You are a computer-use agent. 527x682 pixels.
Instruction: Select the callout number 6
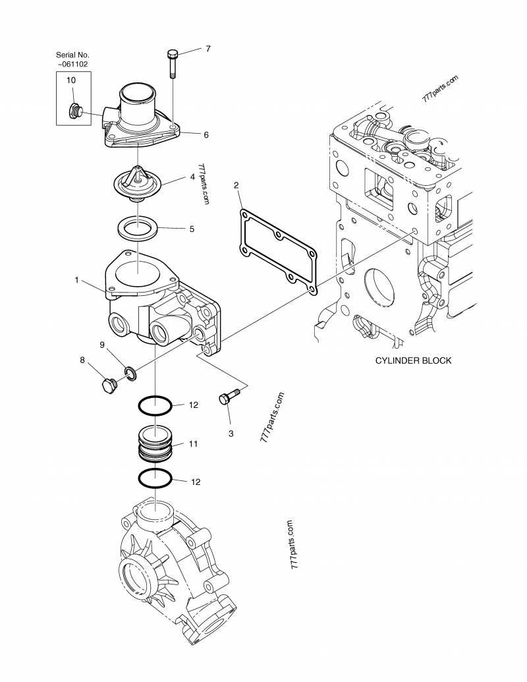click(x=206, y=134)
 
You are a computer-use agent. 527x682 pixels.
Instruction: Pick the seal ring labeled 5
click(x=137, y=230)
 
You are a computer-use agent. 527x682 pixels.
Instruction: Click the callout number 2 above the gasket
click(x=236, y=186)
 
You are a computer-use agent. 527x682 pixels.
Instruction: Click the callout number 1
click(x=77, y=280)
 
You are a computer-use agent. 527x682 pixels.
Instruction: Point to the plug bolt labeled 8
click(x=105, y=385)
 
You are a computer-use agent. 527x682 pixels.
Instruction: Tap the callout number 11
click(x=194, y=444)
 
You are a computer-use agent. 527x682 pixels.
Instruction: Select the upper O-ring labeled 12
click(x=156, y=406)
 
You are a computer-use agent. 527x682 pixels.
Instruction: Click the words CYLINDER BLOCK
click(x=413, y=361)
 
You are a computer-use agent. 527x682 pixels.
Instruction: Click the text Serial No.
click(x=72, y=54)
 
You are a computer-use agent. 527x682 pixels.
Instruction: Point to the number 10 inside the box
click(x=70, y=79)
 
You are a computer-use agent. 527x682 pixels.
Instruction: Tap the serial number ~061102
click(x=72, y=64)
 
